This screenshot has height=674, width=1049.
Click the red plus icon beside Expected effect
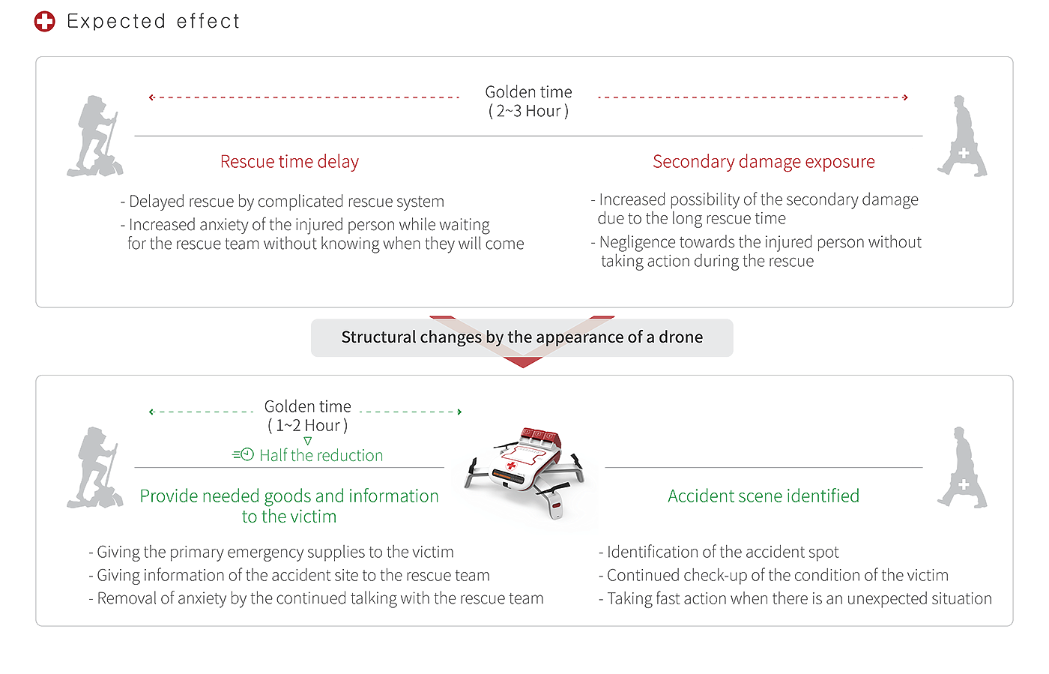point(44,21)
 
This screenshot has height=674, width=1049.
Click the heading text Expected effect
point(154,21)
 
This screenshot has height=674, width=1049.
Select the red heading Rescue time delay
point(289,161)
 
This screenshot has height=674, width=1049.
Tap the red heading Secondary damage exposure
point(764,161)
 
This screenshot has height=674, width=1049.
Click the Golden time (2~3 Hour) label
point(528,101)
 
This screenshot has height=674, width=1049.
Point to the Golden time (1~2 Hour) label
point(307,416)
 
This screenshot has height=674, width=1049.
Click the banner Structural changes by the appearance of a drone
point(522,337)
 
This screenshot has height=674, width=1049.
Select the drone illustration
point(524,472)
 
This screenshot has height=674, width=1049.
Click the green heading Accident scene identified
point(763,496)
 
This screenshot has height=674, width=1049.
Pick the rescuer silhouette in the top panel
point(961,136)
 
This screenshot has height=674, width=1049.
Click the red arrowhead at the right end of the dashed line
point(907,97)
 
